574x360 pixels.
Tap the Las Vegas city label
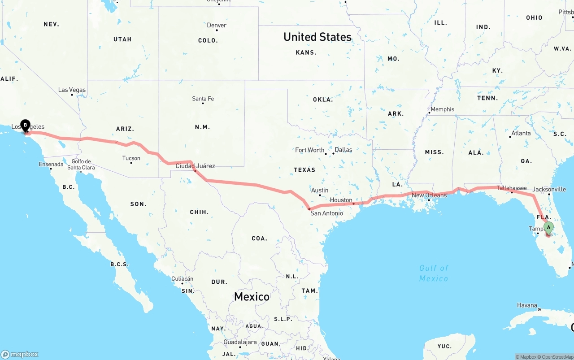point(72,90)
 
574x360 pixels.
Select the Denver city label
point(217,25)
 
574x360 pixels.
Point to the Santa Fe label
point(203,99)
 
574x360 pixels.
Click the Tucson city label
point(131,158)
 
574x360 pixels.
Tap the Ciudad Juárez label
point(195,166)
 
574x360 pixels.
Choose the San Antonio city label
point(326,213)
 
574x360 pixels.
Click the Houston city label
point(341,200)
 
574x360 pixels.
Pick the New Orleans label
point(429,195)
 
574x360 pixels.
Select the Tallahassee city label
point(512,188)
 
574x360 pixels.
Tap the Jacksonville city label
point(549,189)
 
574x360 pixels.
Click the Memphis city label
point(442,109)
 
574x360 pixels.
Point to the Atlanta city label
point(521,133)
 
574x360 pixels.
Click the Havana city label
point(527,305)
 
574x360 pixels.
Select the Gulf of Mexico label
point(434,273)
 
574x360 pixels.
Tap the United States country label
point(317,37)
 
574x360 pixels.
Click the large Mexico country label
point(252,296)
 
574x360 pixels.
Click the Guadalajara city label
point(240,342)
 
